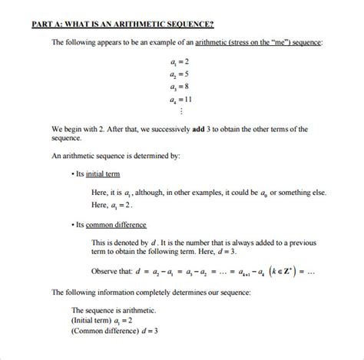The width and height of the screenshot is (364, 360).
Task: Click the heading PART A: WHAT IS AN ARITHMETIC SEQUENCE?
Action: (x=122, y=24)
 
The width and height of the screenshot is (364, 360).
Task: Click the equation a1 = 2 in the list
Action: (x=180, y=60)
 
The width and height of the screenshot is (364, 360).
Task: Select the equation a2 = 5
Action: (x=180, y=74)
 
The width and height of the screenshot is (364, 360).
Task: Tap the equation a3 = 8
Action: (x=180, y=87)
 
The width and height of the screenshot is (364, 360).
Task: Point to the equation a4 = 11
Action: (x=181, y=100)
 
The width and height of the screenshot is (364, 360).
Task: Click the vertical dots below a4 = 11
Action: (x=181, y=112)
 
